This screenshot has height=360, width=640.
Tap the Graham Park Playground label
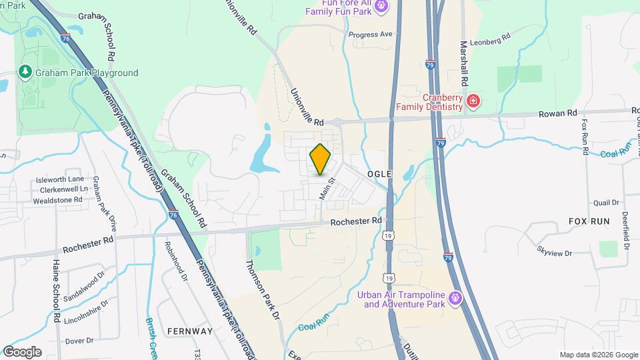[x=87, y=73]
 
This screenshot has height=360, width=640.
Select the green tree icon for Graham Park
[x=25, y=71]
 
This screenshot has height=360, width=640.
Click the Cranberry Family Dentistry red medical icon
[x=473, y=101]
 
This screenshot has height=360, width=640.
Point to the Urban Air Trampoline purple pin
[x=455, y=297]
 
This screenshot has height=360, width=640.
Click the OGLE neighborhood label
[x=378, y=173]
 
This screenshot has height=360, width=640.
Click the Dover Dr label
[x=79, y=341]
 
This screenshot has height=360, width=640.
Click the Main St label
[x=326, y=189]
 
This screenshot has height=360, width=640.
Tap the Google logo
[x=22, y=351]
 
